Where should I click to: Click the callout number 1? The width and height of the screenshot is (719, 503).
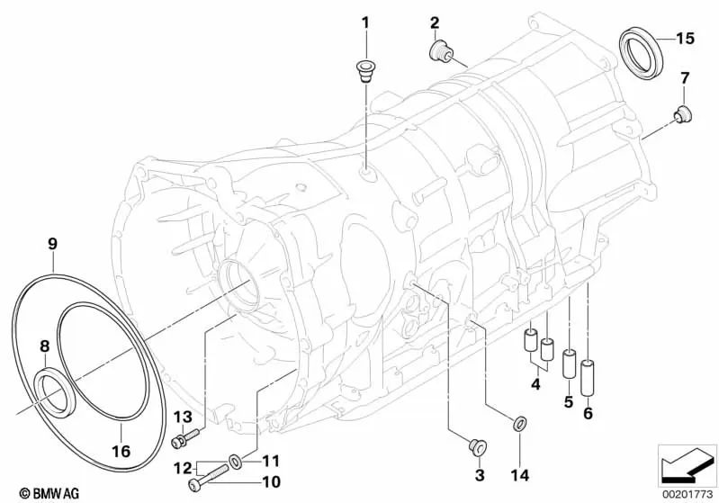pos(365,22)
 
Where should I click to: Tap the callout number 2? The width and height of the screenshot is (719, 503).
pos(434,22)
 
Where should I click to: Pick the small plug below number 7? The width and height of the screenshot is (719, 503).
pos(681,113)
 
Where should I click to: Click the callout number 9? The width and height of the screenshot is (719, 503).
pos(52,243)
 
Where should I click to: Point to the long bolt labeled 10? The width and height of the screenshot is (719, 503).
pos(206,476)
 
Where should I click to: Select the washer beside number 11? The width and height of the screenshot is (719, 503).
pos(234,462)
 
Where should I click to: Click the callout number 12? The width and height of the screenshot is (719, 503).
pos(181,468)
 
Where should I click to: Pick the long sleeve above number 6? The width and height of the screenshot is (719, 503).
pos(589,377)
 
